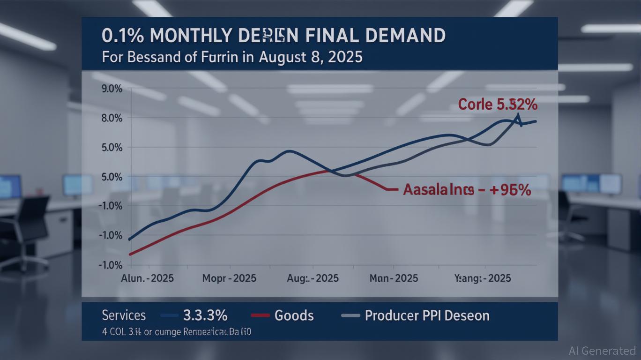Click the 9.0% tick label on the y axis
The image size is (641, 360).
112,89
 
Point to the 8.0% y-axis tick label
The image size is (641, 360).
112,118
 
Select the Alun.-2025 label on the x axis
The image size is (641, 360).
148,278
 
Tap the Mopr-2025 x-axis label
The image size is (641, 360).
229,278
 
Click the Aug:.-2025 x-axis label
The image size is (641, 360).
312,278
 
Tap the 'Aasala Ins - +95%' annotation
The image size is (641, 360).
467,190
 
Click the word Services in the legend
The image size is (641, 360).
124,315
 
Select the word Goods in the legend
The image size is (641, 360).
294,315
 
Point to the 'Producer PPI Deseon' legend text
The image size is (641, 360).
427,315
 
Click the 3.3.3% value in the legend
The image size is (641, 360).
205,315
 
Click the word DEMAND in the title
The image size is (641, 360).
403,36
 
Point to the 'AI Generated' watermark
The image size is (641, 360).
602,350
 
